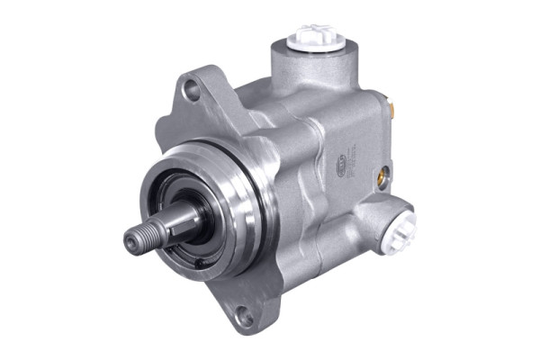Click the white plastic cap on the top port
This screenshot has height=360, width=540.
309,36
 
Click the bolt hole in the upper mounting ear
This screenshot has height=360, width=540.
191,88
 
